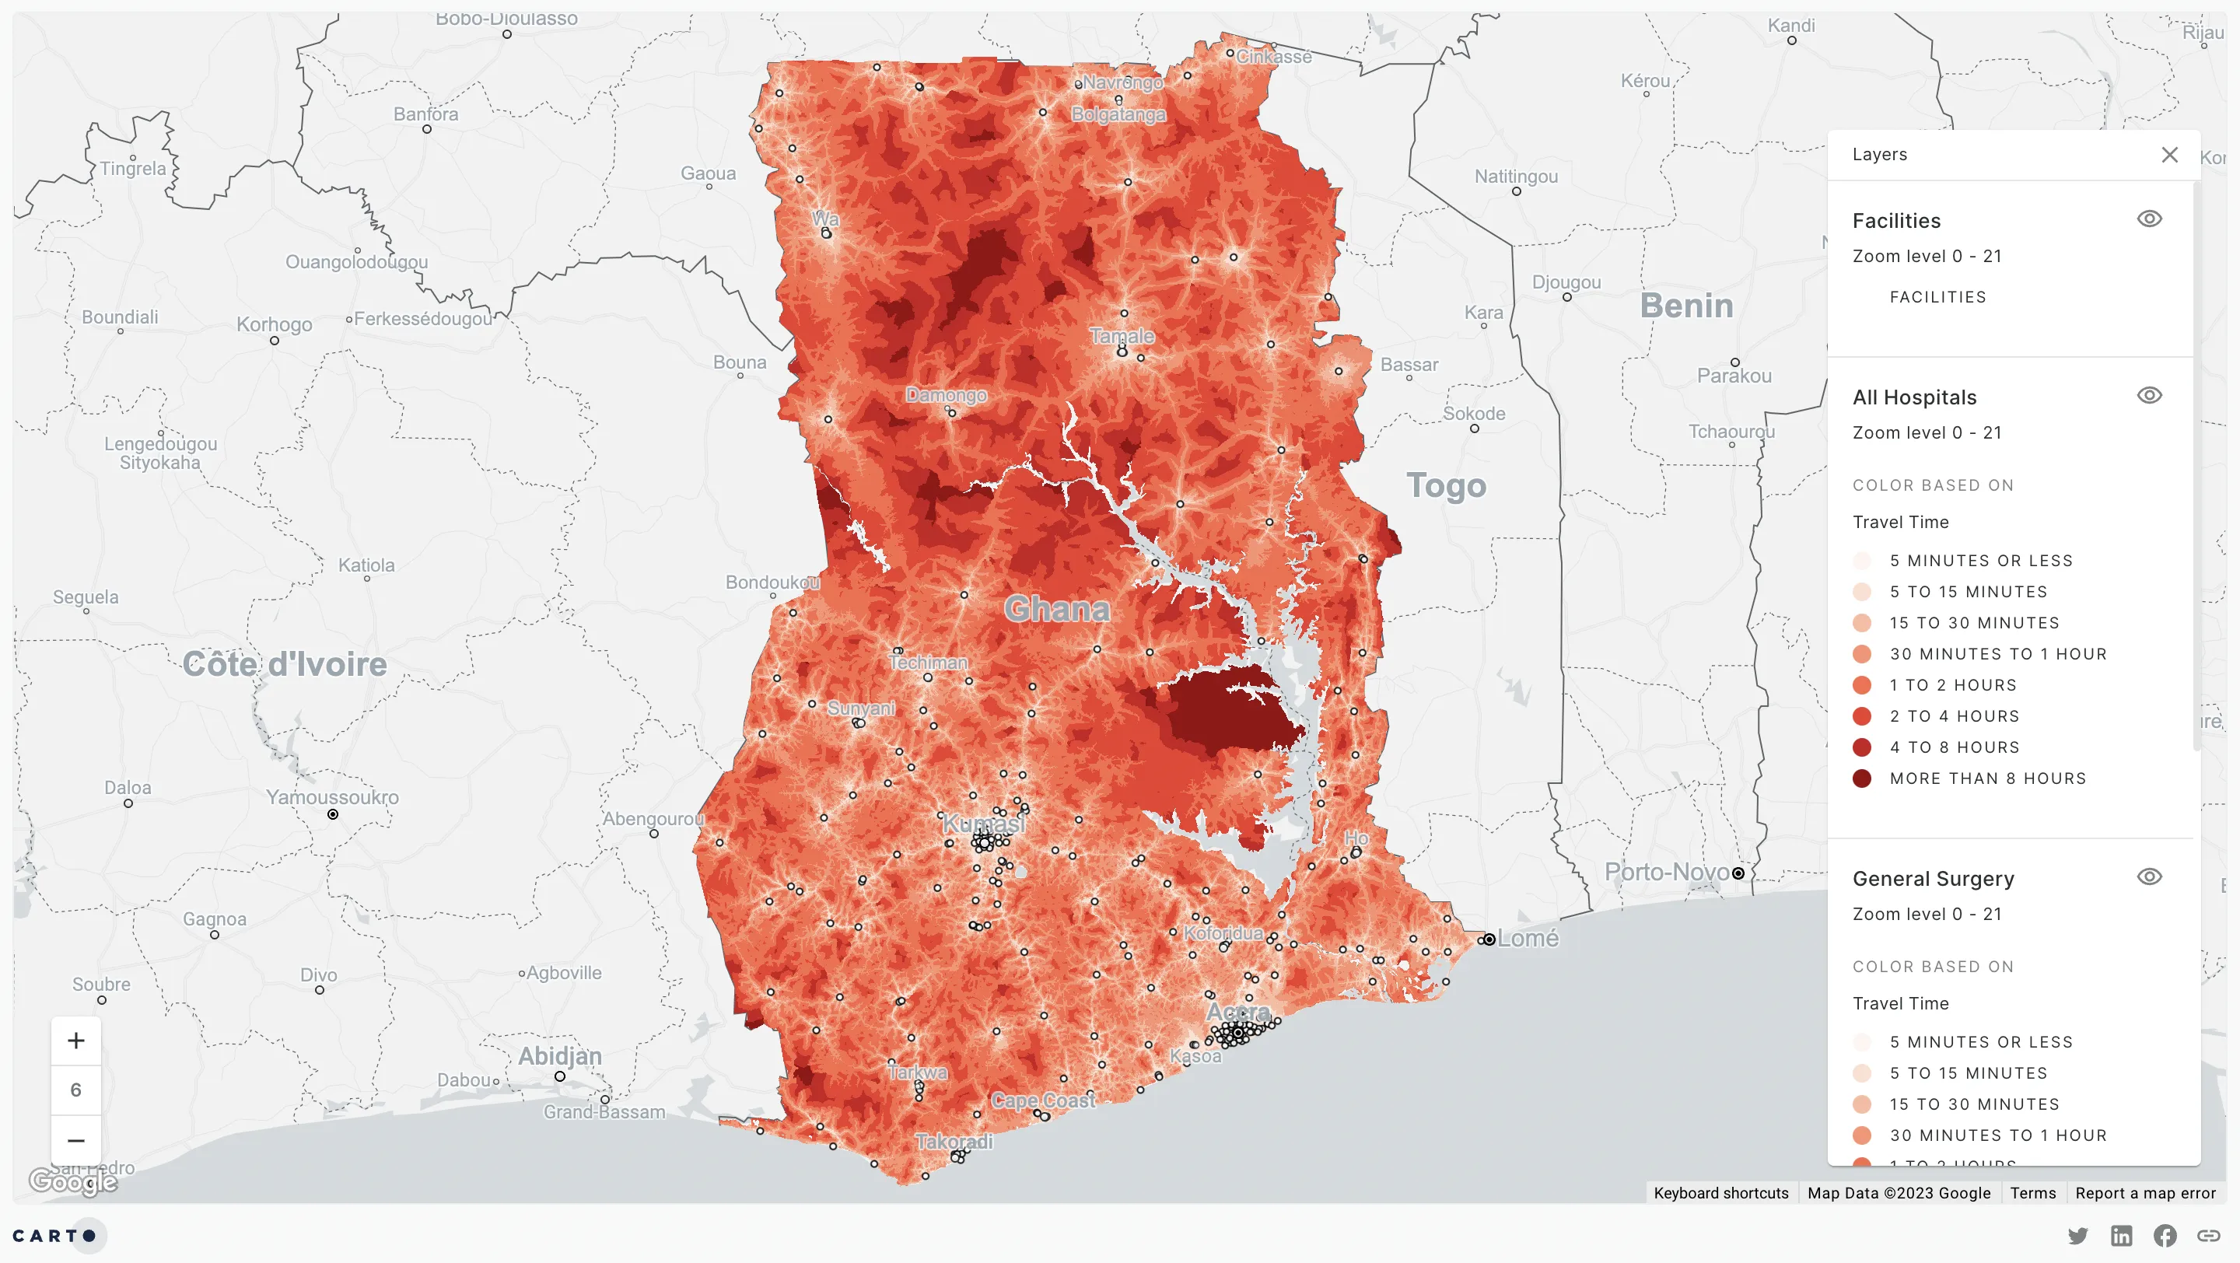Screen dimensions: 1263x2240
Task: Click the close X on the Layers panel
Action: coord(2168,155)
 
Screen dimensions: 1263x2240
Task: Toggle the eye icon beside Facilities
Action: coord(2149,219)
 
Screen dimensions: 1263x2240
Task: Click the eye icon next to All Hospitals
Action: coord(2149,396)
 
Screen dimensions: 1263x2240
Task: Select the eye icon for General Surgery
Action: coord(2149,877)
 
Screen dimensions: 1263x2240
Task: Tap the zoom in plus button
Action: coord(75,1041)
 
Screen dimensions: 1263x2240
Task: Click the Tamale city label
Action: coord(1122,335)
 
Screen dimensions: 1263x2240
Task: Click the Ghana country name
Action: coord(1056,608)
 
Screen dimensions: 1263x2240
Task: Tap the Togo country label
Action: coord(1446,485)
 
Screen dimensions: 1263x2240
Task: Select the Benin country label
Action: coord(1686,306)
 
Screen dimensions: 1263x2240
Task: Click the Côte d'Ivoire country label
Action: coord(285,664)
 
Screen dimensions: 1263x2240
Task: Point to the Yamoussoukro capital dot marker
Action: coord(333,814)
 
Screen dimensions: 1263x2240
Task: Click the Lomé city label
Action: coord(1528,938)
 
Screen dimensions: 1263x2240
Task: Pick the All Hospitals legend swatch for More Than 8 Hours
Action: coord(1862,778)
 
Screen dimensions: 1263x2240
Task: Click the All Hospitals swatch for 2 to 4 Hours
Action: coord(1862,716)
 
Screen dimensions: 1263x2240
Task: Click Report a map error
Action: coord(2144,1192)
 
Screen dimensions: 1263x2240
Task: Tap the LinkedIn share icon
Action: coord(2121,1235)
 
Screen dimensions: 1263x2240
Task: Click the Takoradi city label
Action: coord(954,1142)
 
